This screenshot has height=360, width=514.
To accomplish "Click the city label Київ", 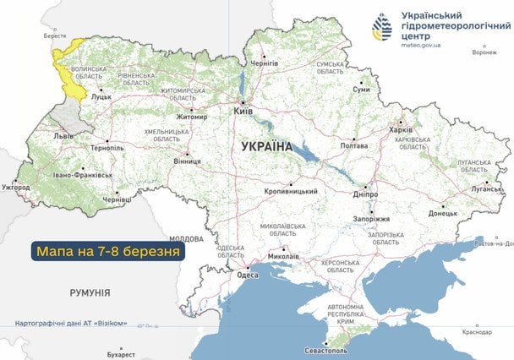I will (x=242, y=110).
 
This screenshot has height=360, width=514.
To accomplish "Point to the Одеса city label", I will (x=248, y=274).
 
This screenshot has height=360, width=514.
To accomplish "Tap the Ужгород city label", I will (x=15, y=186).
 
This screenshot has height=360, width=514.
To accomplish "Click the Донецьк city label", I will (x=442, y=214).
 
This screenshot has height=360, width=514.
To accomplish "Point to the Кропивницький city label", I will (x=291, y=191).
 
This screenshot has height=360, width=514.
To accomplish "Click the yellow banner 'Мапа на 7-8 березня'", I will (x=107, y=251).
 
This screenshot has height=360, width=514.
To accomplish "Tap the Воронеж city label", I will (x=484, y=52).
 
